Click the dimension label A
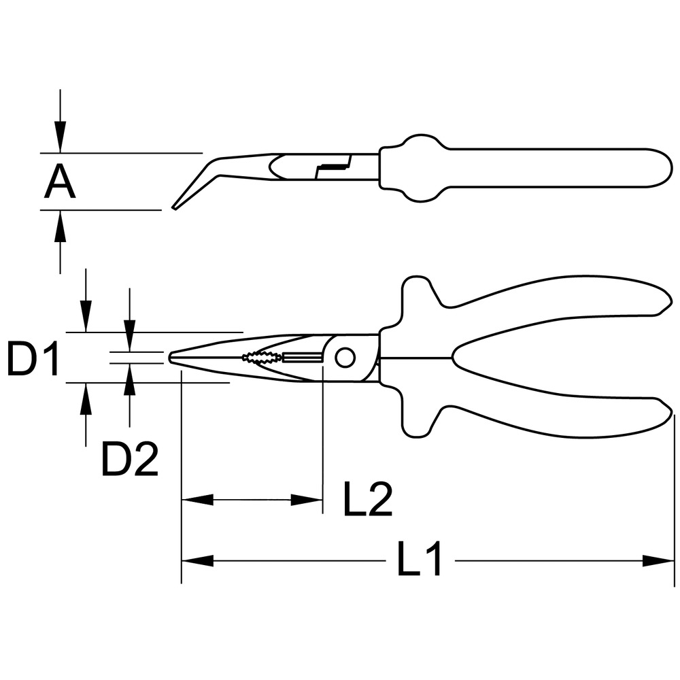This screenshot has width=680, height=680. click(x=60, y=183)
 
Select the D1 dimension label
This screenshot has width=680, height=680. click(x=33, y=358)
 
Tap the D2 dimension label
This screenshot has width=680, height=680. click(x=130, y=460)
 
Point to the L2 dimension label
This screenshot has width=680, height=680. click(x=368, y=499)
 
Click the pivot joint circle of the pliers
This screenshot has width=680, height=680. click(x=345, y=358)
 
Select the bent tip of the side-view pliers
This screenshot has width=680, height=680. click(x=175, y=207)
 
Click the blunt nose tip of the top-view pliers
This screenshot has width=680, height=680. click(x=170, y=358)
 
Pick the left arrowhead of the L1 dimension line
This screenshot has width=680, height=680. click(x=197, y=560)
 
